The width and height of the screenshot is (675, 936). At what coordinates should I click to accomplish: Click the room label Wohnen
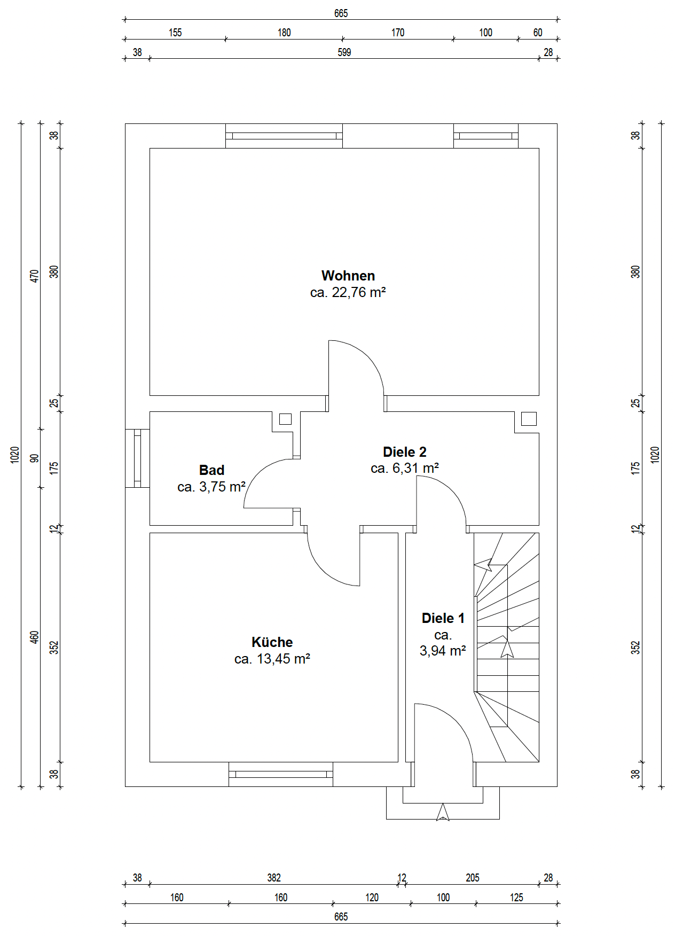pos(348,276)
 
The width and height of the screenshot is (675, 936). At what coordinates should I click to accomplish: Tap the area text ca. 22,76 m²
pos(348,292)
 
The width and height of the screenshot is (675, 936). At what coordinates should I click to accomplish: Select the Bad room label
pos(211,470)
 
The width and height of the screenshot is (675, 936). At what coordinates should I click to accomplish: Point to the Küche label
pos(272,642)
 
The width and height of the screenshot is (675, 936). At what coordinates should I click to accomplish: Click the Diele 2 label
pos(405,452)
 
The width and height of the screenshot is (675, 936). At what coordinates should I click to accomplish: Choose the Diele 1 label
pos(443,618)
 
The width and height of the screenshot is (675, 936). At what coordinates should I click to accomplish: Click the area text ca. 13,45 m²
pos(272,659)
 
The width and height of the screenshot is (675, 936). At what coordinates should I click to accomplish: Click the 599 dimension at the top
pos(344,52)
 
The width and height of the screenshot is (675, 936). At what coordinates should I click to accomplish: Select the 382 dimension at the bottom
pos(274,878)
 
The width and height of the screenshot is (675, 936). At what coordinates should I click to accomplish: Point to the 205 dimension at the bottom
pos(473,878)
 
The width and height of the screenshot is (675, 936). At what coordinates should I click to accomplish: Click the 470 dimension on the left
pos(35,276)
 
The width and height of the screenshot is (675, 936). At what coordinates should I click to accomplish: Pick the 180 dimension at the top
pos(284,33)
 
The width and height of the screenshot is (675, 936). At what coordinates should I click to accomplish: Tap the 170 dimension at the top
pos(398,33)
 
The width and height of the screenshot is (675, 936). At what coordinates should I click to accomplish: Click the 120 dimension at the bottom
pos(372,898)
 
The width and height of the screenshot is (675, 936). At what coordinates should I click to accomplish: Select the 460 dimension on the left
pos(35,637)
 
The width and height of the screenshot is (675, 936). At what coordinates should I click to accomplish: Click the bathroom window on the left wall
pos(137,458)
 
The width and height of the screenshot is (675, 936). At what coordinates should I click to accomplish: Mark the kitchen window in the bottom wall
pos(281,774)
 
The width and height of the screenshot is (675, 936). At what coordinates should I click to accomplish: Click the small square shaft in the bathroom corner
pos(285,419)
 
